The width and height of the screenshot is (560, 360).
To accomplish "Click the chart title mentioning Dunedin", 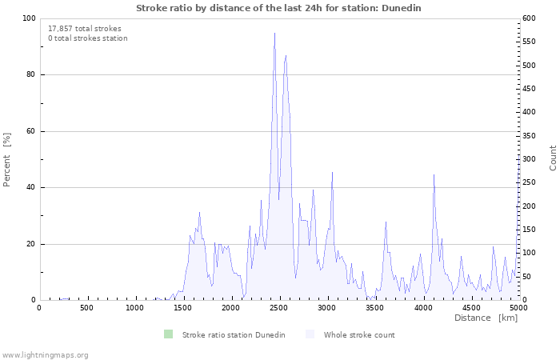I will click(x=278, y=7).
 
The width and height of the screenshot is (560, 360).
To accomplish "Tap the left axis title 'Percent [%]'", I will click(x=7, y=160).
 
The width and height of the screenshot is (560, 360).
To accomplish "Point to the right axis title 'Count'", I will click(x=553, y=158).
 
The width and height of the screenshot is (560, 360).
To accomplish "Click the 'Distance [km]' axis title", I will click(x=486, y=318).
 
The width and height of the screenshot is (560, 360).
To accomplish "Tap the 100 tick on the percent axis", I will click(x=29, y=18).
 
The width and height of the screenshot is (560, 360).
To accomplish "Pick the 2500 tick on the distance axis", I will click(x=279, y=307).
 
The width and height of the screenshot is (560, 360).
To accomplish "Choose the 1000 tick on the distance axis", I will click(x=135, y=307).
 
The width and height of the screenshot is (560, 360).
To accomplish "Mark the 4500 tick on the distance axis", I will click(x=471, y=307).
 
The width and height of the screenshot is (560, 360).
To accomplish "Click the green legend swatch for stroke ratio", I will click(x=168, y=334).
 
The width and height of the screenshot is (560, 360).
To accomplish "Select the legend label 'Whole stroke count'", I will click(x=359, y=334).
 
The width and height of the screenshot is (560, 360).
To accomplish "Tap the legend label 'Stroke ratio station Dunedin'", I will click(x=234, y=334).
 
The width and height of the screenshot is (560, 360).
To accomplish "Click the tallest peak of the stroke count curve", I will click(x=274, y=34).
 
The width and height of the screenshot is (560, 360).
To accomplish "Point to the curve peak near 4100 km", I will click(x=434, y=174).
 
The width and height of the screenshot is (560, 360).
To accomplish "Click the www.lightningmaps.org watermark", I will click(x=45, y=354).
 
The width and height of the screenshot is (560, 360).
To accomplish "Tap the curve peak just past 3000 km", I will click(x=332, y=172).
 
